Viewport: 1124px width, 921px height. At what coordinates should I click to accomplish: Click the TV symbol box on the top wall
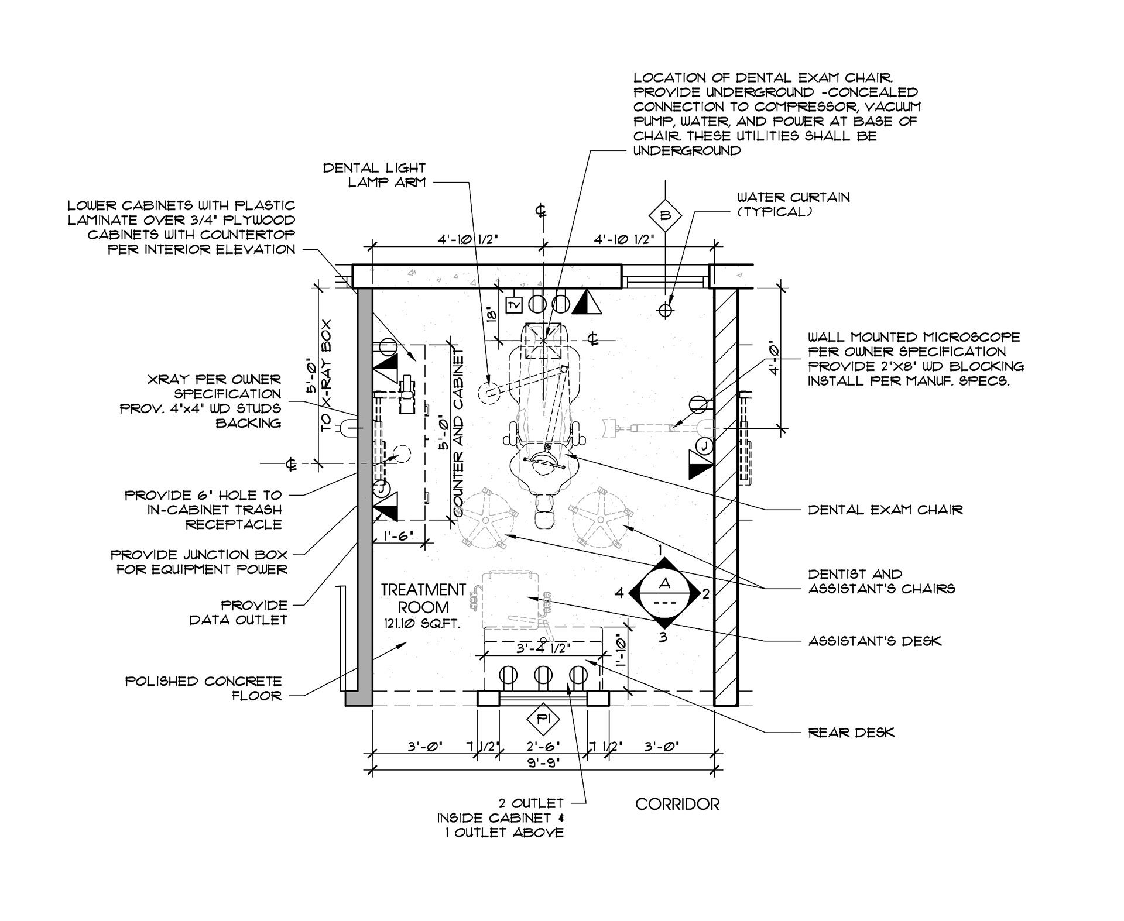coord(514,305)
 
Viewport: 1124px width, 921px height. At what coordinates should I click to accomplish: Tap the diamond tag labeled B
coord(665,215)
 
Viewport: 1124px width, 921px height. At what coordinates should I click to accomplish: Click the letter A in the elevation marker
coord(664,582)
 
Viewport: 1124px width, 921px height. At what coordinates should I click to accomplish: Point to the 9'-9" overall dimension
coord(543,762)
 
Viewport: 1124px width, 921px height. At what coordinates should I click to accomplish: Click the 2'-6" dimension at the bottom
coord(543,747)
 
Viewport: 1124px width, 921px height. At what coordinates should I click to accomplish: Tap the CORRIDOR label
coord(677,804)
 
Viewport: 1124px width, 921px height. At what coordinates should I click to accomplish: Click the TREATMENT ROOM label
coord(423,598)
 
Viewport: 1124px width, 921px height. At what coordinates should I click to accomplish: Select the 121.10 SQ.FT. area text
coord(423,624)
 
